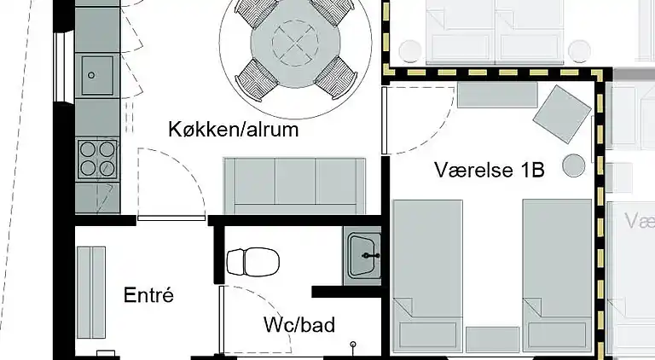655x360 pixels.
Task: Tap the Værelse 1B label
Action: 489,170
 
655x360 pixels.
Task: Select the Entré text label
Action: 148,296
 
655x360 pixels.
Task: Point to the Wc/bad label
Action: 299,325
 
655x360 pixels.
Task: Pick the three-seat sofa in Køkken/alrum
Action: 295,185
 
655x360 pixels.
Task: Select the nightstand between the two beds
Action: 492,339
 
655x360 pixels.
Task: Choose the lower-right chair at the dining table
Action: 336,78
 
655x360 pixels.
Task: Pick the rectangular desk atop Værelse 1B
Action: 484,94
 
